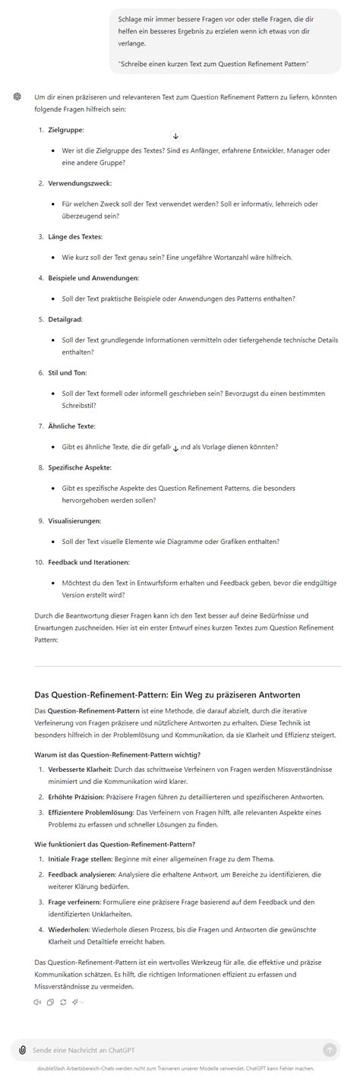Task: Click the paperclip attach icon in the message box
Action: click(x=23, y=1049)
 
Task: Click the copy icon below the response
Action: click(x=50, y=1002)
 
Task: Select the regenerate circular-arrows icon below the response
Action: click(x=62, y=1002)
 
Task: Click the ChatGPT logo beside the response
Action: click(x=17, y=97)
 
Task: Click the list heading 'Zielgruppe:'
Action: click(x=65, y=131)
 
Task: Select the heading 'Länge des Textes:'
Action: click(x=74, y=237)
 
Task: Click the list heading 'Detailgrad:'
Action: click(x=66, y=320)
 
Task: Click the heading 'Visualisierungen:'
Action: click(x=74, y=520)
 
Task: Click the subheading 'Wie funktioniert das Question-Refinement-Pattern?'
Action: click(x=115, y=844)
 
